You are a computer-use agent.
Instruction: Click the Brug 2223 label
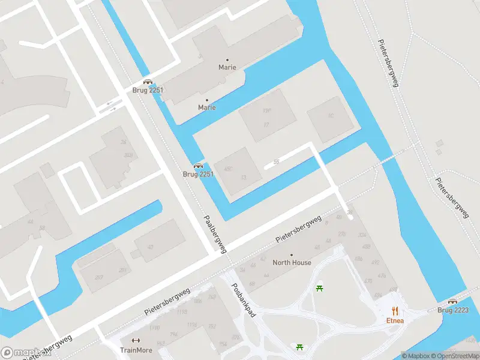pos(453,310)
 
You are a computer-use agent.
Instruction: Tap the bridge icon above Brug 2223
pos(453,302)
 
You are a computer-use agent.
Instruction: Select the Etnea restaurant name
pos(394,320)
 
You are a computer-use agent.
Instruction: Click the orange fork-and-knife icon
pos(394,310)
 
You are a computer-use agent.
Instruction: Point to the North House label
pos(292,263)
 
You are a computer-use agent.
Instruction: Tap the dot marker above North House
pos(292,255)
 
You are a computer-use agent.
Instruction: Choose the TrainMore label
pos(136,350)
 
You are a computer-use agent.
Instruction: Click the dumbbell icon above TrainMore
pos(136,341)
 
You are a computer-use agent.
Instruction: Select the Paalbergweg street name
pos(215,234)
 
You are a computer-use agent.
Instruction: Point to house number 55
pos(276,162)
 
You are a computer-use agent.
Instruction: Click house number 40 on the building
pos(150,247)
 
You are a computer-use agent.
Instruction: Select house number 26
pos(124,142)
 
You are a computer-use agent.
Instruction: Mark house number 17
pos(266,125)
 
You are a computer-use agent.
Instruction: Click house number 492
pos(375,262)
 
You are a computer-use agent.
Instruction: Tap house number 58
pos(41,229)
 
